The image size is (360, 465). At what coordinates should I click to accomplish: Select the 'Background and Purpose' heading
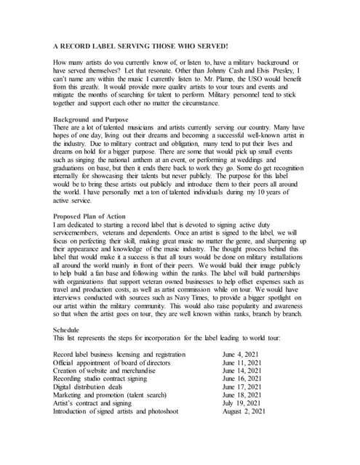[92, 118]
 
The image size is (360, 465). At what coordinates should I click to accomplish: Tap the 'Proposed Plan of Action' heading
[95, 217]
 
